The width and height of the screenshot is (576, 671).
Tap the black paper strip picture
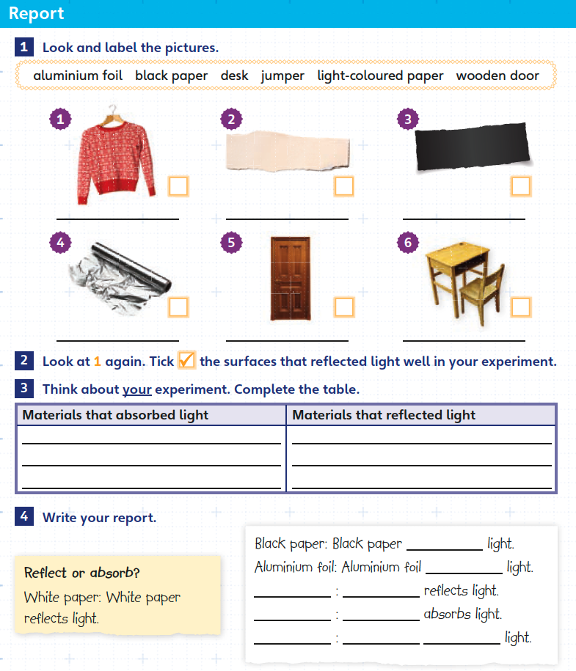coord(472,147)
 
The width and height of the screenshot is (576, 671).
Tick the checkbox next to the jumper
coord(178,186)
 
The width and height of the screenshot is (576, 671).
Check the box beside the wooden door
coord(344,307)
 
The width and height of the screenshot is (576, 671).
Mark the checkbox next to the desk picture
coord(521,307)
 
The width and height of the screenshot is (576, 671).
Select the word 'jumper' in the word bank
coord(282,76)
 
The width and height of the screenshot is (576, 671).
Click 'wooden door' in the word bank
coord(497,76)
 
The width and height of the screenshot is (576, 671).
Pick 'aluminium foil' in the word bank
coord(77,76)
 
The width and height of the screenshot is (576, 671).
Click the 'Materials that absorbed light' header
coord(115,415)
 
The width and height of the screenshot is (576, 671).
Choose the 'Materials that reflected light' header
coord(384,415)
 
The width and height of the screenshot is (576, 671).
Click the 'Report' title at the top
coord(37,13)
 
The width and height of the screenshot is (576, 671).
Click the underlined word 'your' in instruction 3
coord(136,389)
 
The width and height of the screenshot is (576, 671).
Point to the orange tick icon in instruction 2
coord(187,360)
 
